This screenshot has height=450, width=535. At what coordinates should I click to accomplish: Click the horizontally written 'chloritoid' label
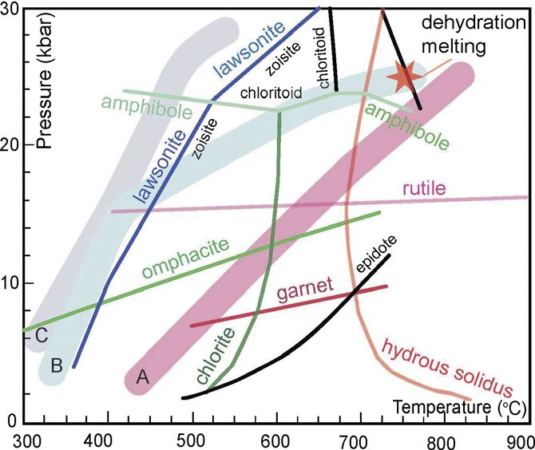tap(271, 93)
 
